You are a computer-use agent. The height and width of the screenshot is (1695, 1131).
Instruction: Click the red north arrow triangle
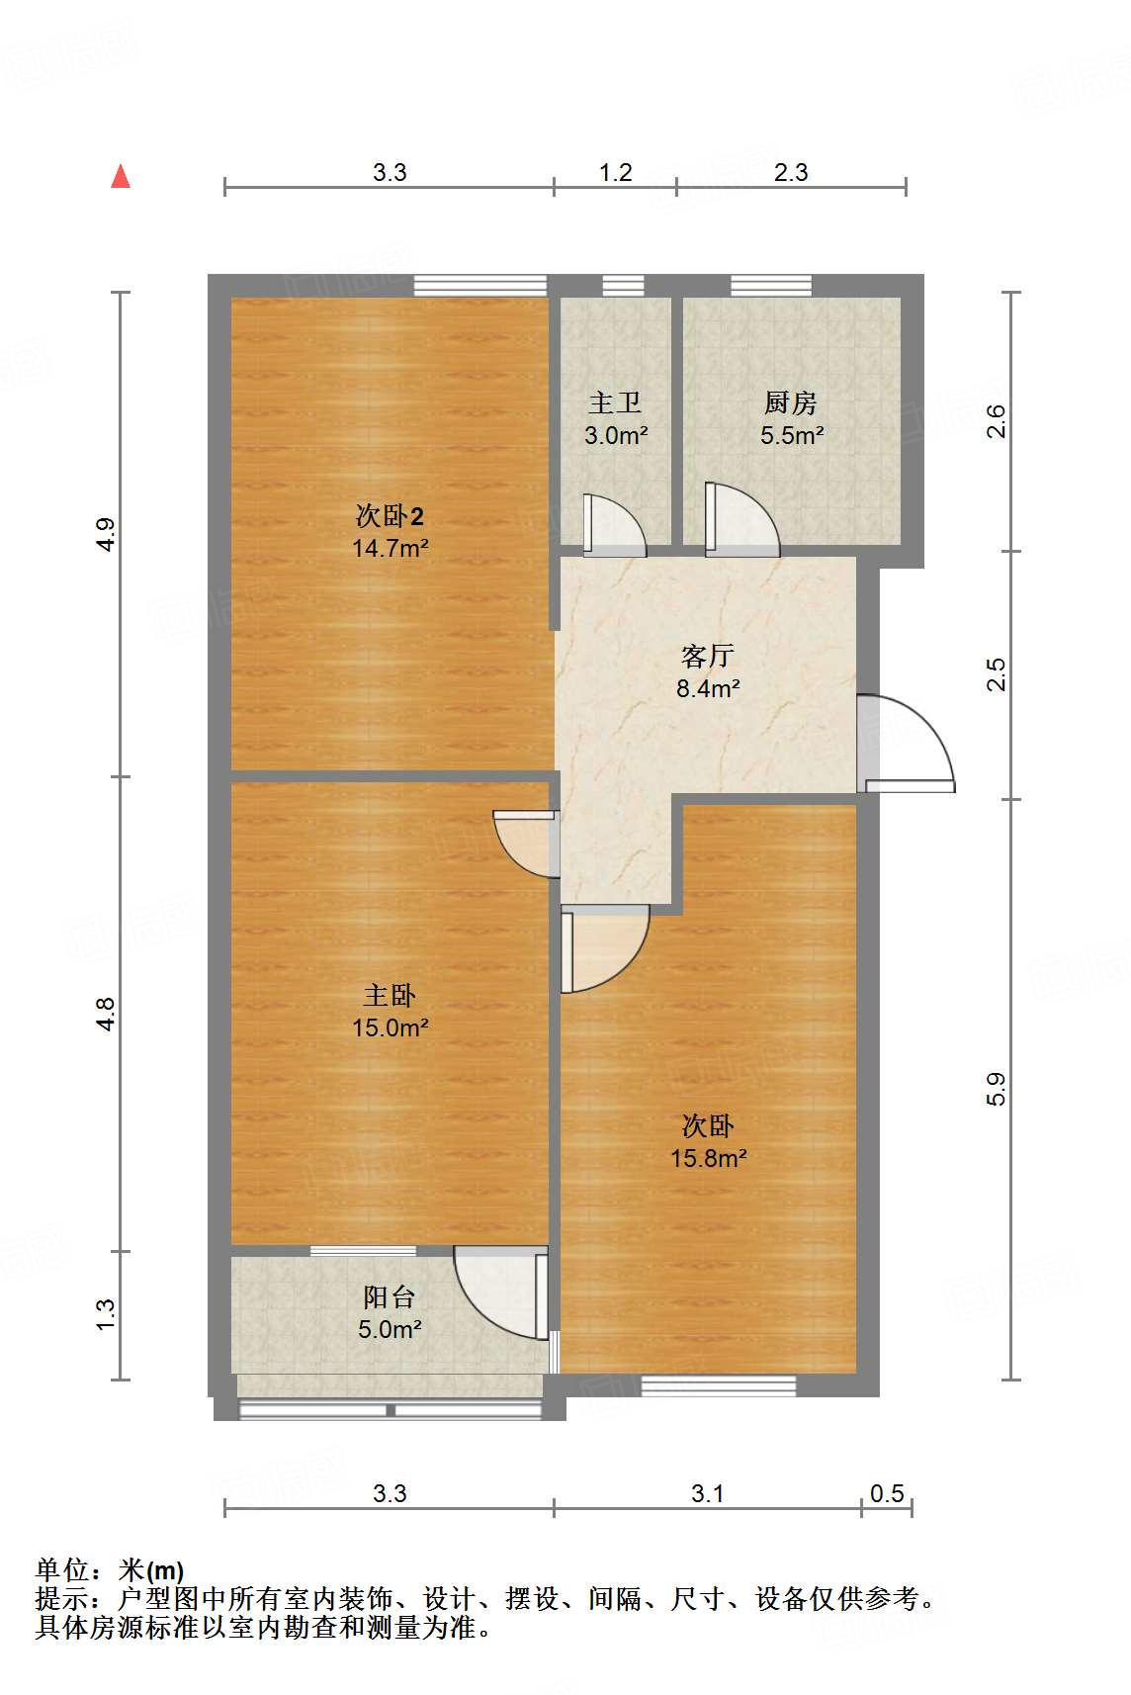[x=121, y=177]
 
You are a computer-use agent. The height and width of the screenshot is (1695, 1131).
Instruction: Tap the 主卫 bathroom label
[x=615, y=402]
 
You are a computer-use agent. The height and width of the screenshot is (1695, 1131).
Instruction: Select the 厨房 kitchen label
[x=791, y=402]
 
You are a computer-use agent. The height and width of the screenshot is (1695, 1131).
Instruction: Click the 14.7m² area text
[x=390, y=548]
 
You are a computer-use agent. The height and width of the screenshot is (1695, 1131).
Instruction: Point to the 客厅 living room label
[x=707, y=656]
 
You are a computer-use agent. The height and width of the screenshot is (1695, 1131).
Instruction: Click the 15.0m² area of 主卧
[x=390, y=1027]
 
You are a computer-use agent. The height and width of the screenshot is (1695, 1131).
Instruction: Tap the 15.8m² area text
[x=708, y=1158]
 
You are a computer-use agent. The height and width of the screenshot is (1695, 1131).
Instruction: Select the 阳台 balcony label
[x=389, y=1296]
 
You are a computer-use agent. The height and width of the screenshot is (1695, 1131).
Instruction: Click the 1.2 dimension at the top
[x=615, y=173]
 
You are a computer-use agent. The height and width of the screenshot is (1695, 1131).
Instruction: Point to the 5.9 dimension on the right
[x=996, y=1089]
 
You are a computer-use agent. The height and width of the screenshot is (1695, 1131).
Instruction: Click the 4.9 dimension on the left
[x=106, y=534]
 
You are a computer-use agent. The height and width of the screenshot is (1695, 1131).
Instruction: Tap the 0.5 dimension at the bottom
[x=887, y=1493]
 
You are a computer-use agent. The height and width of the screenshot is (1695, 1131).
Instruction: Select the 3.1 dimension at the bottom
[x=707, y=1493]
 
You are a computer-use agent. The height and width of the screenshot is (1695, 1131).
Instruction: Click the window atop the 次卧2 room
[x=479, y=286]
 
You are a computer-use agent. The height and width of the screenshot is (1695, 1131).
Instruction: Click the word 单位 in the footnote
[x=62, y=1569]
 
